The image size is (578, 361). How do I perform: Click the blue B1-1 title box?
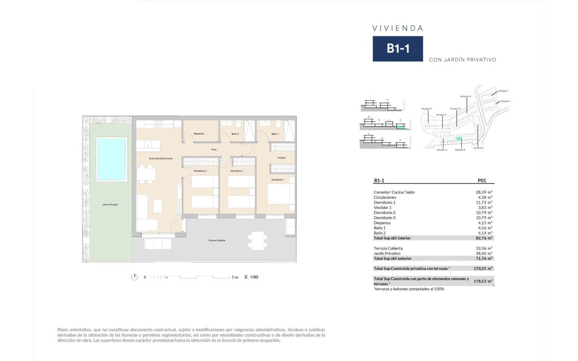[x=398, y=49]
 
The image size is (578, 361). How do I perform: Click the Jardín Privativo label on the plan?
[x=110, y=205]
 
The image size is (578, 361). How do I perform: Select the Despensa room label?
[x=199, y=134]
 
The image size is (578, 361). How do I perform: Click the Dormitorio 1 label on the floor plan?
[x=278, y=180]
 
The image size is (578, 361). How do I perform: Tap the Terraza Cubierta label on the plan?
[x=217, y=241]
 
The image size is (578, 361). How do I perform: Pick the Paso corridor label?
[x=214, y=149]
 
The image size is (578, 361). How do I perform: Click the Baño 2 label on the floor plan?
[x=235, y=134]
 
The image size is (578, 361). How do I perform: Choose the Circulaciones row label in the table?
[x=385, y=197]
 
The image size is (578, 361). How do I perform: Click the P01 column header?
[x=482, y=180]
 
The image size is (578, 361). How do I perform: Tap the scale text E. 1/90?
[x=252, y=277]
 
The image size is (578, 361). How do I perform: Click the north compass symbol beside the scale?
[x=134, y=277]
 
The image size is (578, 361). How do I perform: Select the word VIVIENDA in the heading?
[x=398, y=28]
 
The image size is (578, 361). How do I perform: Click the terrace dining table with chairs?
[x=257, y=241]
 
